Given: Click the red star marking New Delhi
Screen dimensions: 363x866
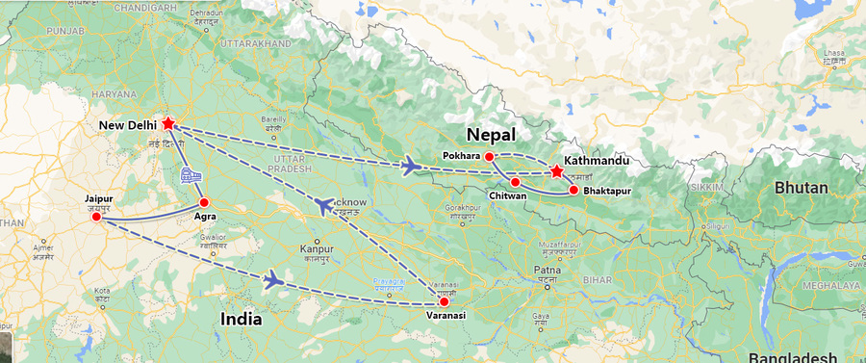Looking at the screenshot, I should tap(168, 123).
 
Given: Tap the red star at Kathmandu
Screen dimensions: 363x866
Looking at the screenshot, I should tap(556, 172).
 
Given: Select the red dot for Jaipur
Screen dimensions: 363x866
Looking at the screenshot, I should tap(95, 217).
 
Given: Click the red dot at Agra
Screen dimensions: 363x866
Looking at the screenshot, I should tap(203, 202).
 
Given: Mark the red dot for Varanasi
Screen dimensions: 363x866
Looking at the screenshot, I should tap(444, 301).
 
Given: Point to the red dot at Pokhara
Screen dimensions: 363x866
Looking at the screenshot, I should tap(489, 156).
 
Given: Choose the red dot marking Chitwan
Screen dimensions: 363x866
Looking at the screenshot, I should tap(515, 182).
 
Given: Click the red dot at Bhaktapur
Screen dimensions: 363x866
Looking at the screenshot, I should tap(573, 190).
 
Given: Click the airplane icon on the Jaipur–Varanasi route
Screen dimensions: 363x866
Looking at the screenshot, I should tap(274, 280).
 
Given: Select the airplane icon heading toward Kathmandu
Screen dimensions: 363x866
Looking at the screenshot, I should tap(412, 167).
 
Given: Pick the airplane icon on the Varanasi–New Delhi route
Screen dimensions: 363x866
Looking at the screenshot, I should tap(324, 204).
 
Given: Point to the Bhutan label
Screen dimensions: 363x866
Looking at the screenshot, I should tap(800, 188).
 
